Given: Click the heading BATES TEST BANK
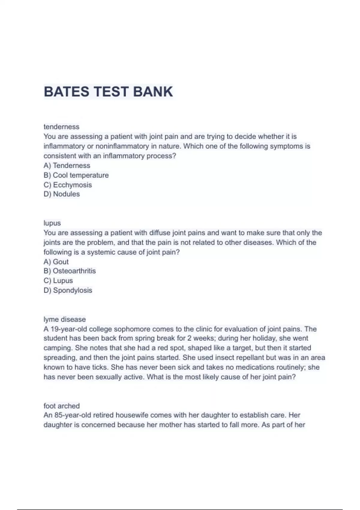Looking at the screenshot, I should tap(108, 92).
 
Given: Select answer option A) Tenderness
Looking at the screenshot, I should tap(67, 166).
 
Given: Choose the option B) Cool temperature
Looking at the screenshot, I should tap(76, 175).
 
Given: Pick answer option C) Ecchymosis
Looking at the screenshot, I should tap(68, 185).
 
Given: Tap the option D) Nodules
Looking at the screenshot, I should tap(62, 194).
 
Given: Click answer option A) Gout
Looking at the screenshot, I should tap(56, 262).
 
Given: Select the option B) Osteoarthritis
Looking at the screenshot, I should tap(70, 271).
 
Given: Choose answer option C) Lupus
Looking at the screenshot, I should tap(58, 281).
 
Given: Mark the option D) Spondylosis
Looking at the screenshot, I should tap(68, 290).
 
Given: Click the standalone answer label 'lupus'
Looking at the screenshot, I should tap(52, 223).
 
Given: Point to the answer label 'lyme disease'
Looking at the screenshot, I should tap(64, 319).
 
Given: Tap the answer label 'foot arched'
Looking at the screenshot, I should tap(61, 406).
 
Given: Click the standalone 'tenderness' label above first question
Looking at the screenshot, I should tap(61, 127).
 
